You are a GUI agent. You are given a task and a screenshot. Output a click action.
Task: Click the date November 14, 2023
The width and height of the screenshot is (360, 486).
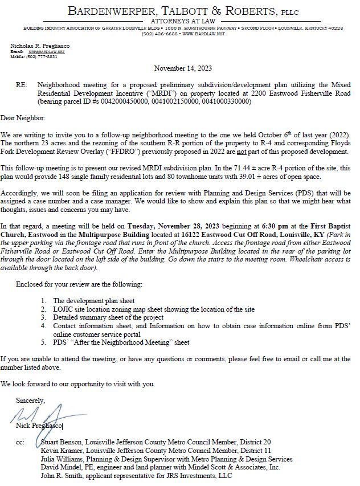point(182,68)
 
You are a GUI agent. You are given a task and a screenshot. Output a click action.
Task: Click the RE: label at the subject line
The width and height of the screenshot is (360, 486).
point(22,84)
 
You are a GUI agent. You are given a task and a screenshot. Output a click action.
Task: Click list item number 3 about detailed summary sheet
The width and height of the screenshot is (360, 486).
point(108,317)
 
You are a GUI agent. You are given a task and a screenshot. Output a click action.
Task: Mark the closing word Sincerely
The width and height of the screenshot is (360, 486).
point(30,400)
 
